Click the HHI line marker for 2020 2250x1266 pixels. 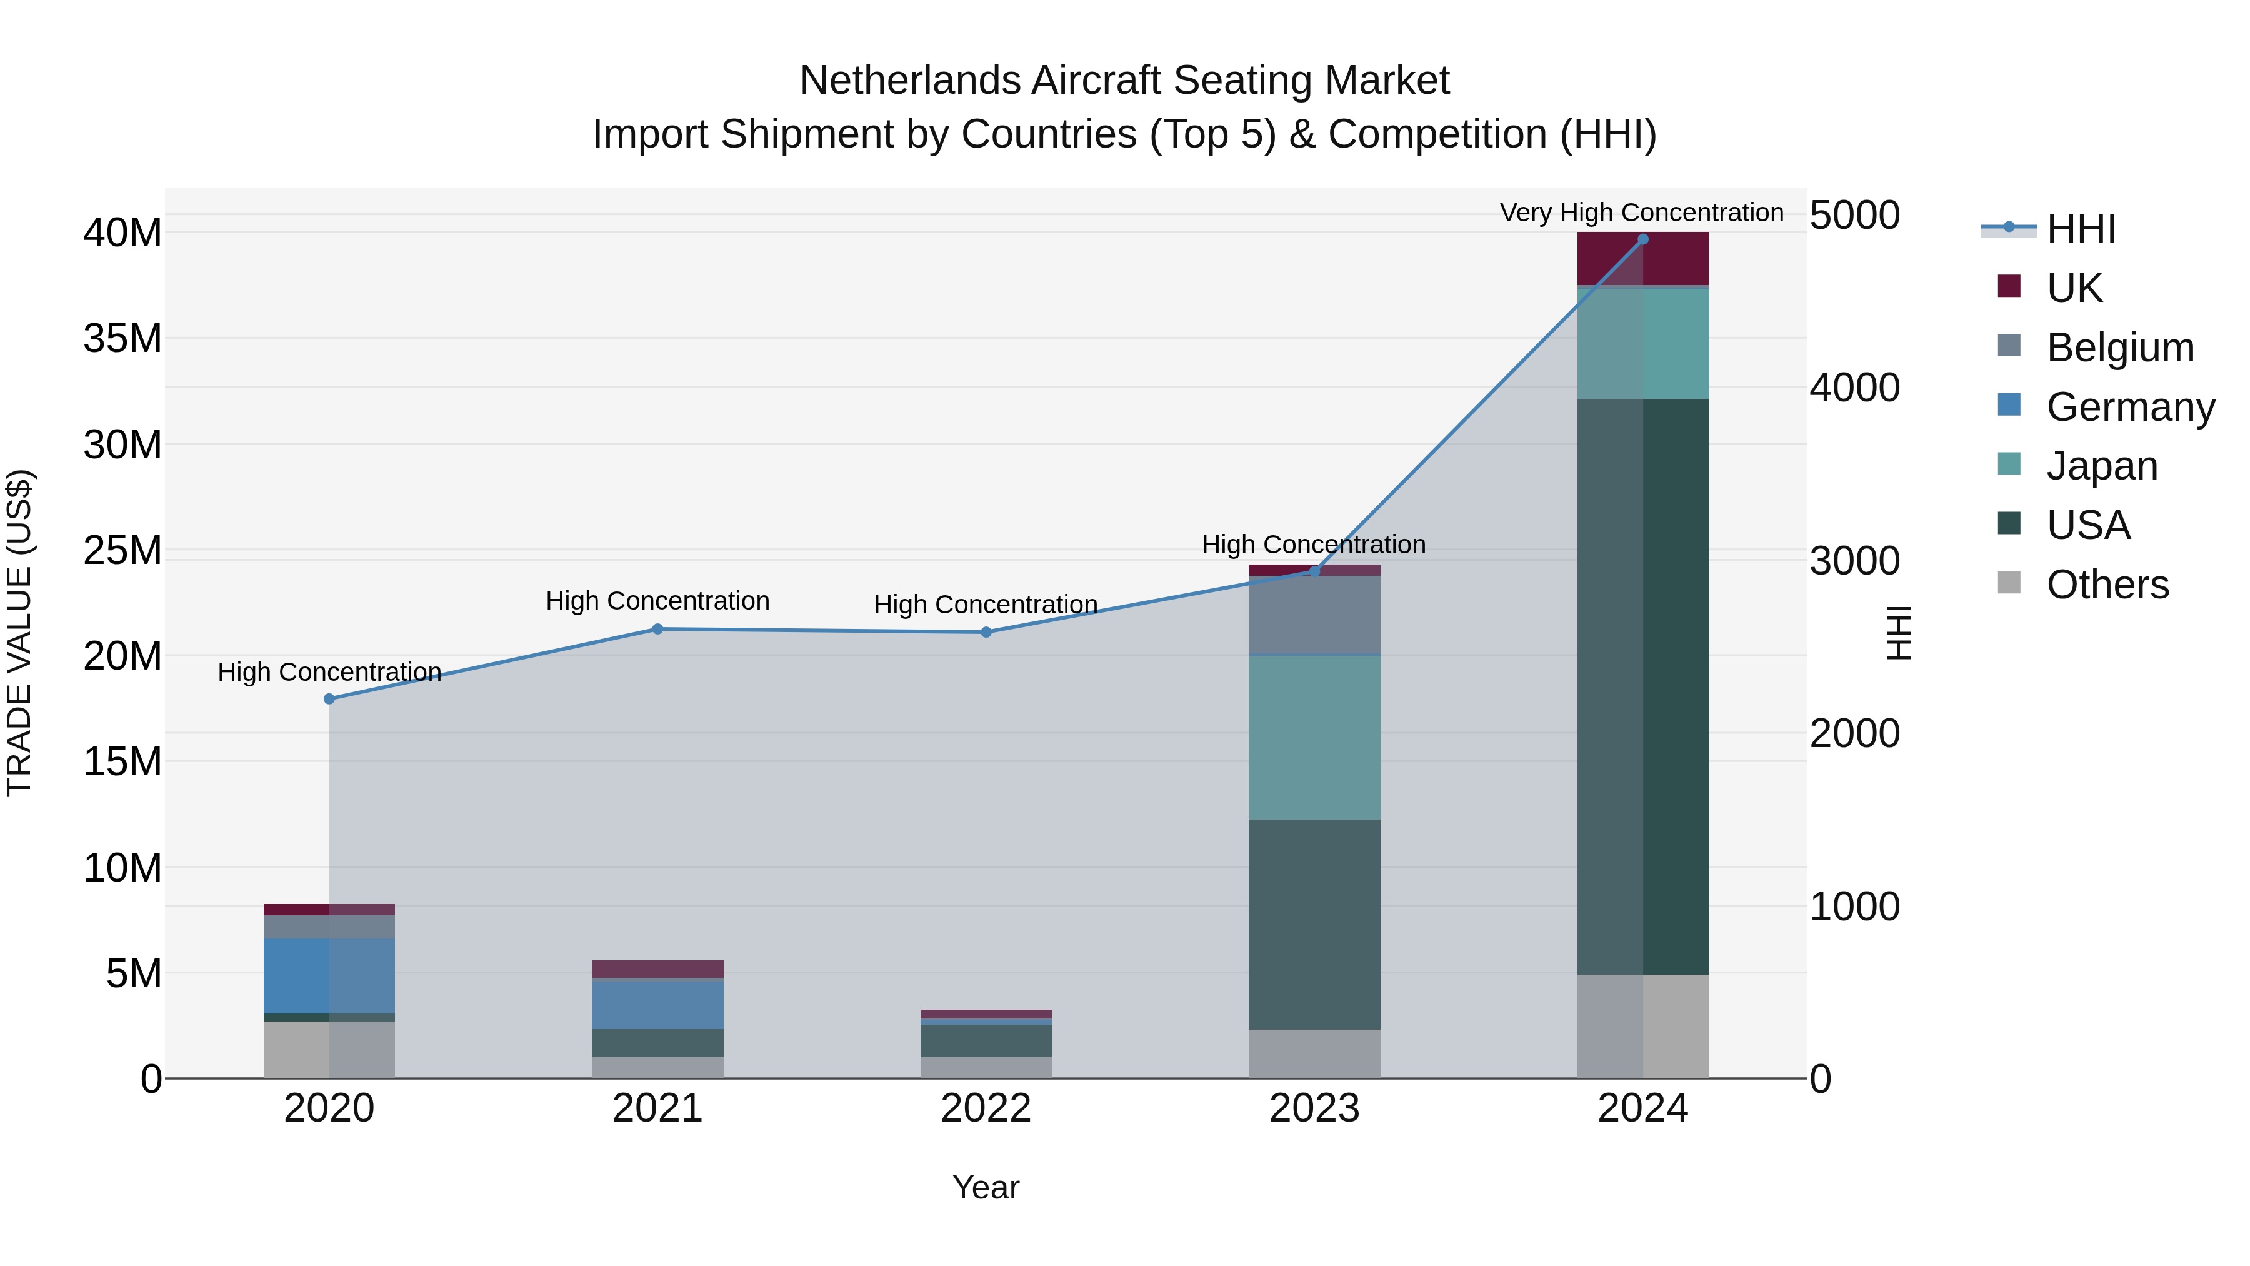(329, 699)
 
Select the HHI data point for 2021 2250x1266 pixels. (657, 629)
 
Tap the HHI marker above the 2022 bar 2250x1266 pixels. (986, 633)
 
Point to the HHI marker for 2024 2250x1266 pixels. (1643, 239)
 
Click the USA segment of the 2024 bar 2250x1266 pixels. (1643, 686)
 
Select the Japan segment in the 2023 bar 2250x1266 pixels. (1314, 736)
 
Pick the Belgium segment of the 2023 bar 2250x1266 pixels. (1314, 615)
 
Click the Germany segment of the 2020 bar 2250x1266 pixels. (329, 976)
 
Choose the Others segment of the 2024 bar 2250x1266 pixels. (1643, 1026)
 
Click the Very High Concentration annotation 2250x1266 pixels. (1641, 213)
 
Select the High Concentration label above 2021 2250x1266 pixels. (657, 601)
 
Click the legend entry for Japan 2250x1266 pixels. (2101, 466)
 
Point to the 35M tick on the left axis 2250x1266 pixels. (122, 339)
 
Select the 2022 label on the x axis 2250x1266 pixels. (986, 1108)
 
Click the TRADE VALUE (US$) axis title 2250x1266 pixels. (19, 633)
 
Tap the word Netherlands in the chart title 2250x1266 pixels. (910, 81)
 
